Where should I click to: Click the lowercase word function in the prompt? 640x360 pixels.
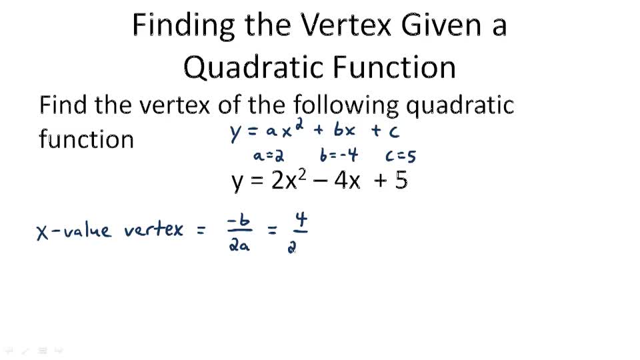86,139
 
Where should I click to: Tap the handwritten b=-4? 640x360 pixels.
339,156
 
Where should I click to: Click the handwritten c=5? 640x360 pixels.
401,157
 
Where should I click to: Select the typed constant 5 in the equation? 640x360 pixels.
400,181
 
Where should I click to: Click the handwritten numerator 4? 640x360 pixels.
300,221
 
